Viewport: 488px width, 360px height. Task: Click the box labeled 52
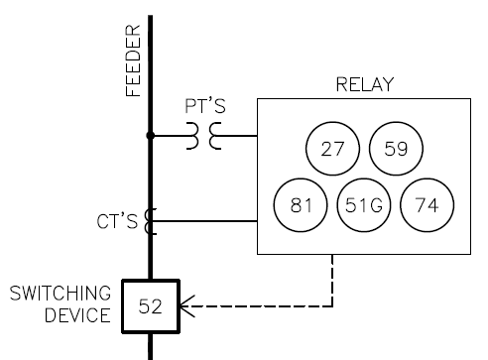tap(150, 306)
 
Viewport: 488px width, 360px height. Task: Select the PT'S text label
tap(205, 105)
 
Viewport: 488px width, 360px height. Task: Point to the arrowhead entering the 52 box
tap(185, 306)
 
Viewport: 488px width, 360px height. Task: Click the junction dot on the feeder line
tap(150, 137)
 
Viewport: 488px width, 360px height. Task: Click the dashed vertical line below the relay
tap(331, 281)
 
